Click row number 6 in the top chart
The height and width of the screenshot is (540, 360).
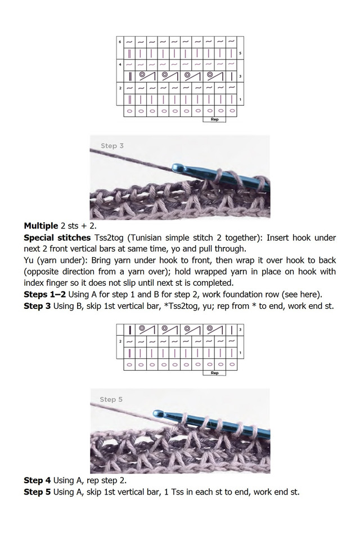click(x=119, y=42)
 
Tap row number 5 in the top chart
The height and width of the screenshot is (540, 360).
click(x=240, y=54)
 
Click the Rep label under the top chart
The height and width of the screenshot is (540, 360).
click(x=214, y=119)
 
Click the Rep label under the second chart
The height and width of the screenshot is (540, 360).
click(x=214, y=372)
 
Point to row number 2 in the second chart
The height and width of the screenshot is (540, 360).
click(x=119, y=341)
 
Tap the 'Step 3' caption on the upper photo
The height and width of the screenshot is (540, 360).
click(x=112, y=146)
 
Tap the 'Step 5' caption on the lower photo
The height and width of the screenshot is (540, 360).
click(x=111, y=399)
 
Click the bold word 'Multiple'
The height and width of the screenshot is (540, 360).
click(x=41, y=226)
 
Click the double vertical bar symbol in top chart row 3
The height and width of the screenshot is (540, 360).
click(x=130, y=75)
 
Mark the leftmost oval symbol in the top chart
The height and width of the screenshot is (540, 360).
click(x=130, y=111)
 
